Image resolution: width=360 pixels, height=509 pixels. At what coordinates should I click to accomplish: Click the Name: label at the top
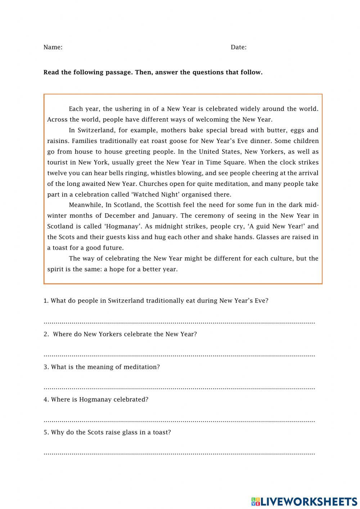(x=53, y=47)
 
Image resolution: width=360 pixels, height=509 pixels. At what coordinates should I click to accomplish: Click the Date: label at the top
(x=238, y=47)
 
